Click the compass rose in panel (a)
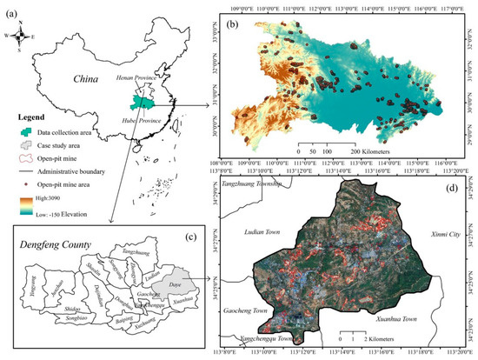point(27,36)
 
